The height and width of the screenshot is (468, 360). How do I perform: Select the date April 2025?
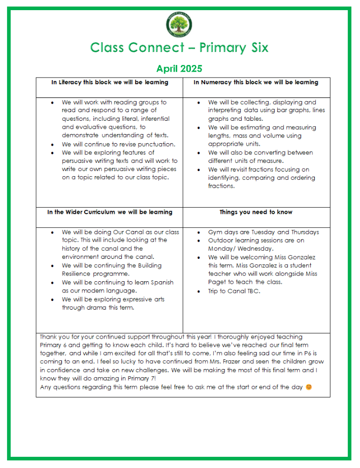point(179,69)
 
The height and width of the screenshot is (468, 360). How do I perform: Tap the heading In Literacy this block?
point(110,82)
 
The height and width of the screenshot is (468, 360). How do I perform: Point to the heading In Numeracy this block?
point(256,82)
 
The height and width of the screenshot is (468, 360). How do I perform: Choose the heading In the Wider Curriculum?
point(110,212)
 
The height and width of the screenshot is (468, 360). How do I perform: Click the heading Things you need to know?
point(256,212)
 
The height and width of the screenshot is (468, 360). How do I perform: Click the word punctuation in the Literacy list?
point(155,144)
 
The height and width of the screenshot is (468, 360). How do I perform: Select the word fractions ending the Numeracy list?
point(221,186)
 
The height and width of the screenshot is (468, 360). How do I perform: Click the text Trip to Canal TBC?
point(234,291)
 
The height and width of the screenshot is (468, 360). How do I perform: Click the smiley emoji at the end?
point(309,387)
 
